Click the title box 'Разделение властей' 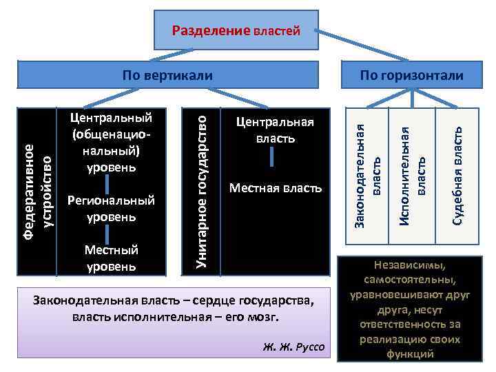pos(236,30)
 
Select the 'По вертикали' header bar pos(167,75)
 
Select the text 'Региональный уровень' pos(111,209)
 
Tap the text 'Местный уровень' pos(111,258)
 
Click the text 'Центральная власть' pos(275,130)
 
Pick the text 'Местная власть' pos(275,188)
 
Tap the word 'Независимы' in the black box pos(410,265)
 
